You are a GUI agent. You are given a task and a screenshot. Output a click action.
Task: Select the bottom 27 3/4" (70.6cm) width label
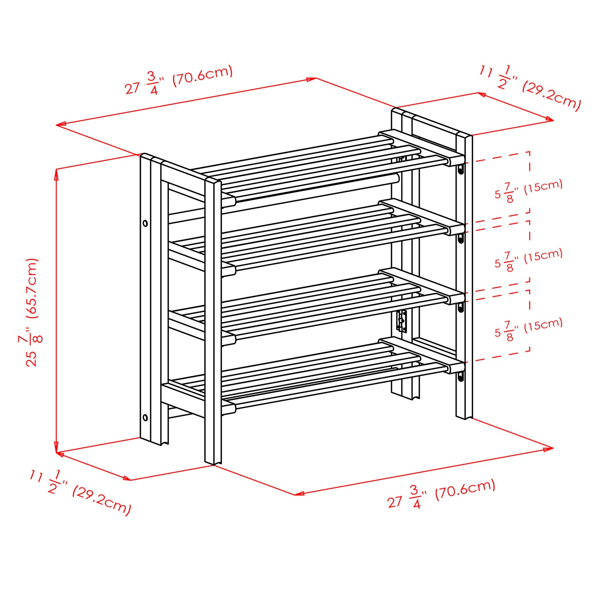pos(441,494)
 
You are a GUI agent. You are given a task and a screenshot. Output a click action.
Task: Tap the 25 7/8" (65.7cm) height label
pos(32,312)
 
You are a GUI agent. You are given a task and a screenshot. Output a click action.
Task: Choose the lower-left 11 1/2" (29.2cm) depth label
pos(80,492)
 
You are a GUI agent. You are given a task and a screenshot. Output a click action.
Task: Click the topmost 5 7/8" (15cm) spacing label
pos(529,190)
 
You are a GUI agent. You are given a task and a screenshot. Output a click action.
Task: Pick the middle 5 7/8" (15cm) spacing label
pos(529,259)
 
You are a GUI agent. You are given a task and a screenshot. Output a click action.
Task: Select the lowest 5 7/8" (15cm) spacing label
pos(529,328)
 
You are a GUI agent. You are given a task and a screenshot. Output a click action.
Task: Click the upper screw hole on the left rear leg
pos(145,223)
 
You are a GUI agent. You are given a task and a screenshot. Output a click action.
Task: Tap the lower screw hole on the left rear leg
pos(145,418)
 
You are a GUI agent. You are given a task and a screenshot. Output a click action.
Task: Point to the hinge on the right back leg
pos(401,321)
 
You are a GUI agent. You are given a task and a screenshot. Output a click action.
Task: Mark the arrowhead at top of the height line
pos(56,173)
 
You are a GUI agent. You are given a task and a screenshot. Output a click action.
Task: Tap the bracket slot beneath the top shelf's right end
pos(461,169)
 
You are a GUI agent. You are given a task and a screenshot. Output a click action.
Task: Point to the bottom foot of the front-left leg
pos(213,461)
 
